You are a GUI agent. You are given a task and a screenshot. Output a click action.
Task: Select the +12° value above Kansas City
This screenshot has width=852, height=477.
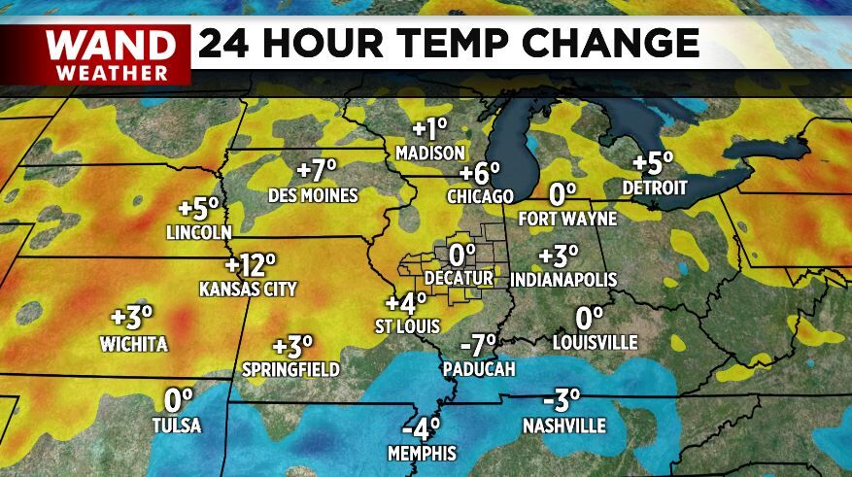click(251, 265)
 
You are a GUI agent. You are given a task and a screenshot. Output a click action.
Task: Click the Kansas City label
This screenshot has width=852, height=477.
click(247, 289)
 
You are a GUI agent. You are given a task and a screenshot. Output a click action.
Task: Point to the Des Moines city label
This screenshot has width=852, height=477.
click(314, 195)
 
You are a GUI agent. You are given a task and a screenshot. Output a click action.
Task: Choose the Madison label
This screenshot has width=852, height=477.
click(431, 153)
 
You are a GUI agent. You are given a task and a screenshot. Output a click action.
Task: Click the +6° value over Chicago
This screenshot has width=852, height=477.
click(480, 174)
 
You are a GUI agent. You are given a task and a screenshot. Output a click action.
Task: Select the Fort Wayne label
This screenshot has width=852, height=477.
click(564, 218)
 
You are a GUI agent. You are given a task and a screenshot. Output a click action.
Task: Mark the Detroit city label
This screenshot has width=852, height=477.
click(655, 187)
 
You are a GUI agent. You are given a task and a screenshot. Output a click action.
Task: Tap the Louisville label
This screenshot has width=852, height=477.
click(595, 342)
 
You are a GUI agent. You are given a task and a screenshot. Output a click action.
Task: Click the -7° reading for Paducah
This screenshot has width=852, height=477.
click(478, 345)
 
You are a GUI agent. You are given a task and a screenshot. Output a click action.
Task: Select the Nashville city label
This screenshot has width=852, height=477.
click(563, 426)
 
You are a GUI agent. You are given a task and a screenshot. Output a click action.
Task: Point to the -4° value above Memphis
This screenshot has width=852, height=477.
click(422, 426)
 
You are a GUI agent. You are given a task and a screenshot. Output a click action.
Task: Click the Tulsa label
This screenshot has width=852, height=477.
click(177, 426)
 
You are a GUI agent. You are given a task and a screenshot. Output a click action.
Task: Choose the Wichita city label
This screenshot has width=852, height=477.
click(134, 344)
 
